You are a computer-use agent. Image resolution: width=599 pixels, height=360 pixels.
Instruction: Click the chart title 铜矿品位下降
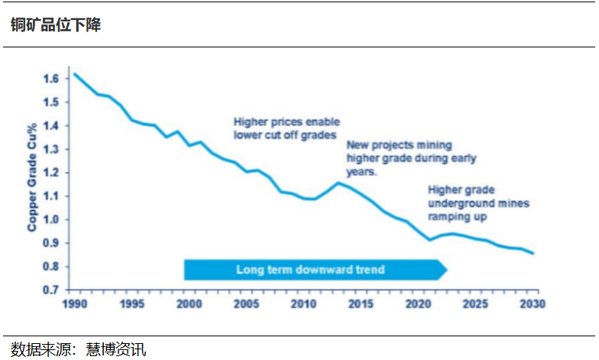(56, 24)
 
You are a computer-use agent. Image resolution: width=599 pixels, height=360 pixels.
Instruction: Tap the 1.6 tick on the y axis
(51, 79)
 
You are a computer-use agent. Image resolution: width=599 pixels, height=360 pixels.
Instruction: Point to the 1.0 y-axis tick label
(51, 219)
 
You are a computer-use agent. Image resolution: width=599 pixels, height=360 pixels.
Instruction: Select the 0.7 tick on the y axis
(51, 290)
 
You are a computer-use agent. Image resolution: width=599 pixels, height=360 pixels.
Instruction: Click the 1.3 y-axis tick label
(51, 149)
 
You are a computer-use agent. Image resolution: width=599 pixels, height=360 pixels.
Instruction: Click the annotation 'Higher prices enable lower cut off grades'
(287, 128)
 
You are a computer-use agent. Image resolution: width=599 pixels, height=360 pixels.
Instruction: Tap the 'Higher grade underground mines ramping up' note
(478, 203)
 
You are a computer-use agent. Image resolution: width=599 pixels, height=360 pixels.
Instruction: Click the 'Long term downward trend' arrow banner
(310, 270)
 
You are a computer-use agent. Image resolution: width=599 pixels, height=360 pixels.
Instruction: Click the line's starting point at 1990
(74, 74)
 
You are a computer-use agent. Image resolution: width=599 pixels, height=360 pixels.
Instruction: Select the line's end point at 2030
(533, 253)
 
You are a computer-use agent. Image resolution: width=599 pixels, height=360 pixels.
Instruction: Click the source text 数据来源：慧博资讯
(78, 350)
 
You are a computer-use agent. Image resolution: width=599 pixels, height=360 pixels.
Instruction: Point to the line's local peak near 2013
(338, 182)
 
